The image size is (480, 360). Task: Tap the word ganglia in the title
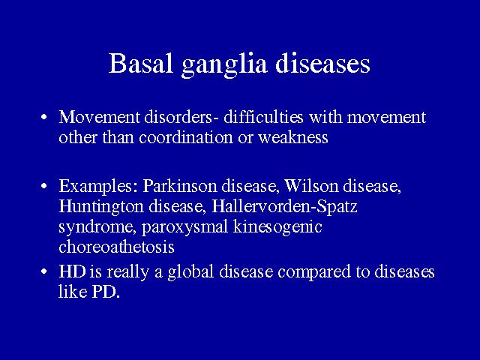(x=224, y=66)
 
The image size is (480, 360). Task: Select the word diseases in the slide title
(x=322, y=63)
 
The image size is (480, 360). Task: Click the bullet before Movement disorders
(x=44, y=117)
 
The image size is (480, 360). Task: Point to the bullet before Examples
(x=44, y=186)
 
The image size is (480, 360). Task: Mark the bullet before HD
(x=44, y=271)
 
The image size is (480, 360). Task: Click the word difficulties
(x=263, y=117)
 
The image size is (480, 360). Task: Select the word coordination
(x=186, y=137)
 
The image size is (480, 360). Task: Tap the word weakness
(x=293, y=137)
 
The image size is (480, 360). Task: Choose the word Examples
(x=98, y=187)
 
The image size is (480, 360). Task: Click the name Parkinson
(x=180, y=185)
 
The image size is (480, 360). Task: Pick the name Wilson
(x=311, y=185)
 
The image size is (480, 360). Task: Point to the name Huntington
(x=101, y=207)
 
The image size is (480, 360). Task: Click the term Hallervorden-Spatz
(x=284, y=206)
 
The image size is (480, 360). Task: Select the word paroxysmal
(x=185, y=228)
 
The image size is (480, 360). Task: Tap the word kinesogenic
(x=277, y=228)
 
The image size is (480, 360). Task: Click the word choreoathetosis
(x=117, y=247)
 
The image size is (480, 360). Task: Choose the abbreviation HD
(x=72, y=271)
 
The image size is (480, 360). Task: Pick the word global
(x=190, y=272)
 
